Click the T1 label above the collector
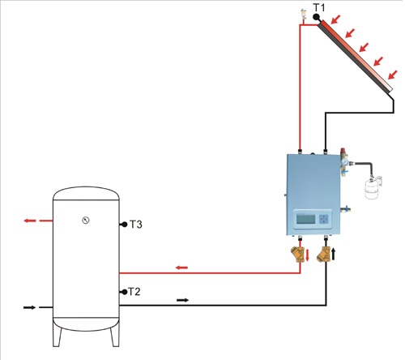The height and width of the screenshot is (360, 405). point(319,7)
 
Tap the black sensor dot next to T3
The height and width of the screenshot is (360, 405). point(125,225)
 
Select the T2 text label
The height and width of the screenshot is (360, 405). point(134,292)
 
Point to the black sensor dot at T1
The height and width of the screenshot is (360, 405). point(316,17)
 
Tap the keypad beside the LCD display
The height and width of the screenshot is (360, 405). point(324,219)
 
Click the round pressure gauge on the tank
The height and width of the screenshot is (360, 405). point(86,221)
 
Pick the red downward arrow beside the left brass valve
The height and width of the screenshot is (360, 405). point(307,255)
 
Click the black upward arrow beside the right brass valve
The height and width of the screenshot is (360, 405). point(334,254)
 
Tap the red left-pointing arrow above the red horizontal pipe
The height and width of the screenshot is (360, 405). point(181,268)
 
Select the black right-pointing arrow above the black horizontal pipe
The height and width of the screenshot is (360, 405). point(183,300)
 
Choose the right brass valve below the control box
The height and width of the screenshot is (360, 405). point(324,255)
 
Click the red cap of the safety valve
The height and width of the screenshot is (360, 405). point(343,150)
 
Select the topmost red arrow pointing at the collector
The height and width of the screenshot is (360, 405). point(336,19)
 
